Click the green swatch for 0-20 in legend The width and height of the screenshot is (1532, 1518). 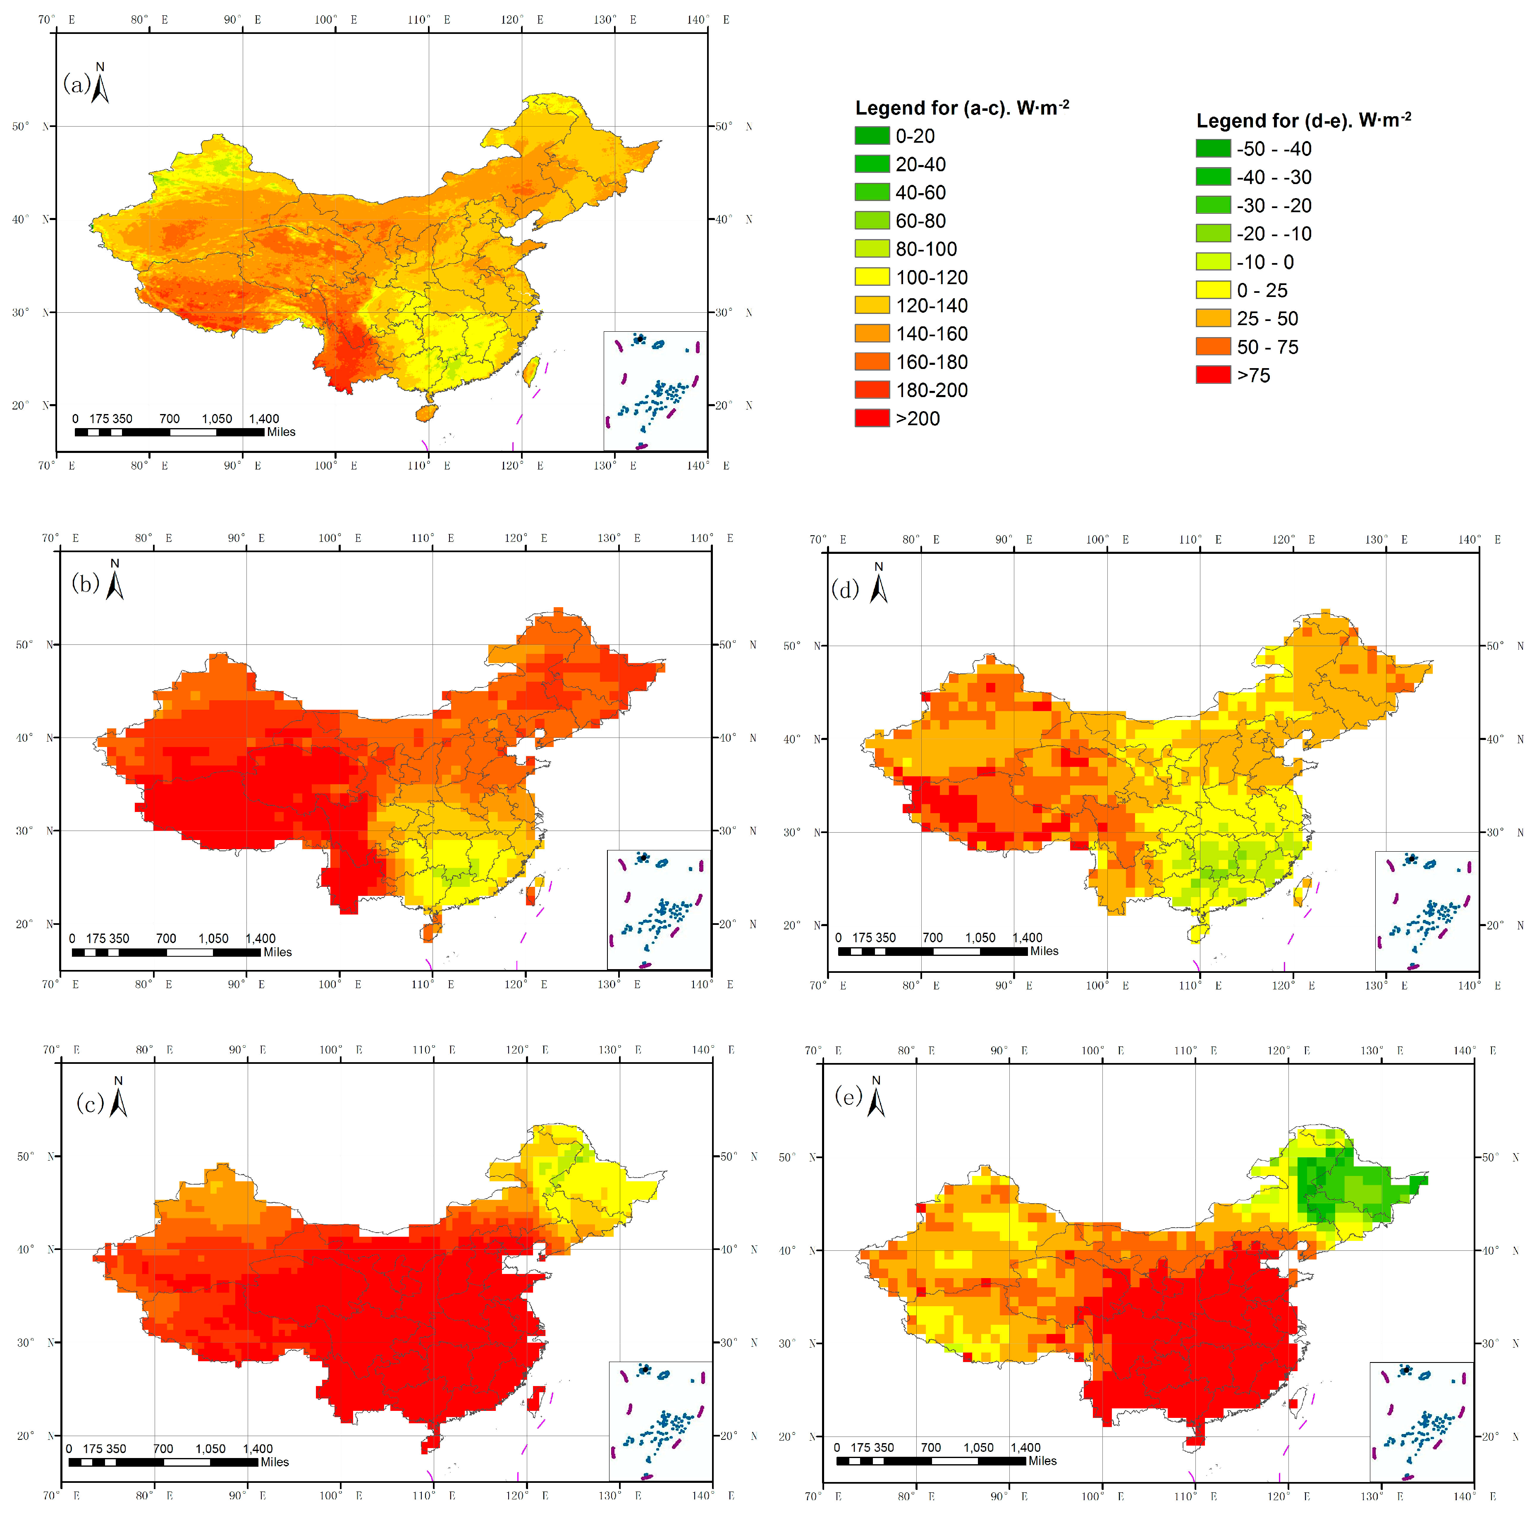click(x=872, y=136)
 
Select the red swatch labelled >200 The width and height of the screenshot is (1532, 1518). click(x=872, y=418)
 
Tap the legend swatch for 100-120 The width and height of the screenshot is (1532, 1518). click(x=872, y=277)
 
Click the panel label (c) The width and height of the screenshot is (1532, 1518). click(x=90, y=1103)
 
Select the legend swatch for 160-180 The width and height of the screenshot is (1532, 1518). click(x=872, y=362)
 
